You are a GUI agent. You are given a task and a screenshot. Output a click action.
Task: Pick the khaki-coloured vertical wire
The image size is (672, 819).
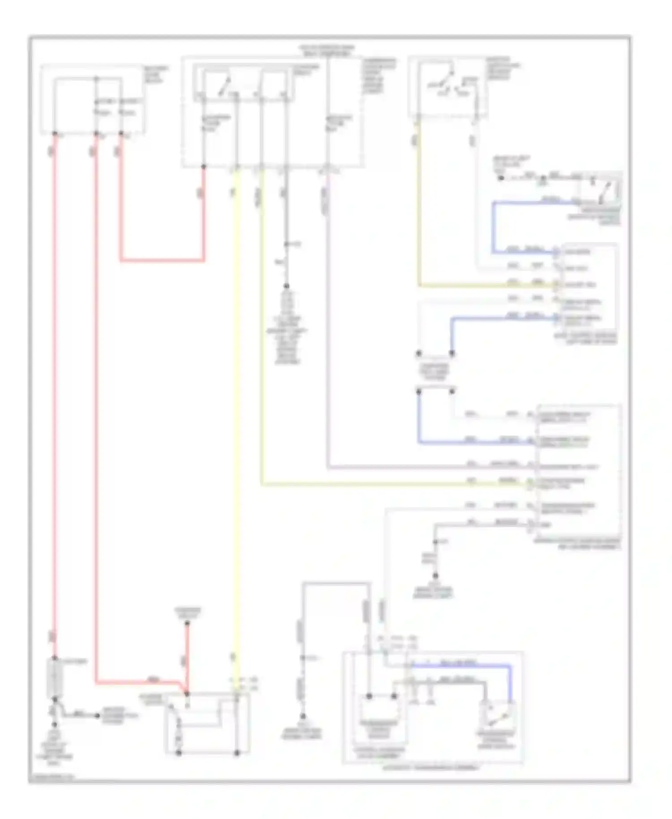tap(419, 202)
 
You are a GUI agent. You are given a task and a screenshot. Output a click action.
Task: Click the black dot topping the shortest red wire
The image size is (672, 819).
tap(187, 623)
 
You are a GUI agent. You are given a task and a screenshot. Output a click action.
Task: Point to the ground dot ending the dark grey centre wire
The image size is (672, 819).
tap(286, 286)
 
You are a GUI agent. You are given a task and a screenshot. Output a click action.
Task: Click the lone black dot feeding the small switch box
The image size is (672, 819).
tap(501, 178)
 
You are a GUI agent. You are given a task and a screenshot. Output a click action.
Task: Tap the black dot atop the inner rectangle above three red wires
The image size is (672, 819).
tap(96, 79)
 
